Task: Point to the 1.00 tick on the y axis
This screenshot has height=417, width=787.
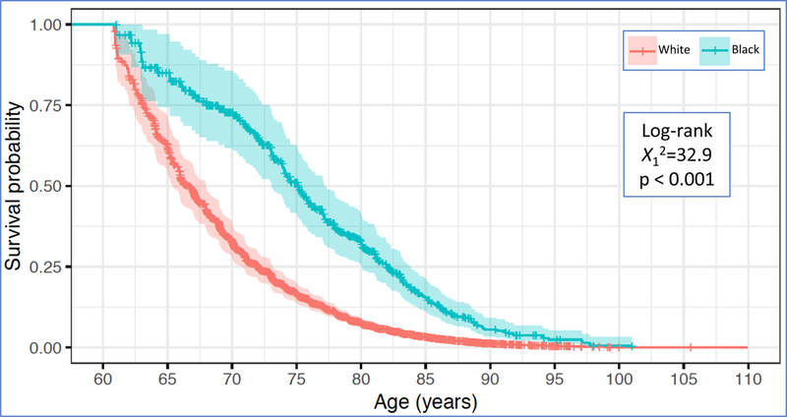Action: pos(43,24)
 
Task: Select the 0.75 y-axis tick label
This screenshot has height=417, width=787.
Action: pos(43,104)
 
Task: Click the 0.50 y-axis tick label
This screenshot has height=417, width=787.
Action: pos(43,186)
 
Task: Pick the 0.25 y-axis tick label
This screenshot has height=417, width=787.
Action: pos(43,267)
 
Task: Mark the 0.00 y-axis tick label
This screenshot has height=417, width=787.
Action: pos(43,347)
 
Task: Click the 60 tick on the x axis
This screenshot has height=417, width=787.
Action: pos(102,378)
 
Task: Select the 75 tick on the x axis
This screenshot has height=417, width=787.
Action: pos(296,378)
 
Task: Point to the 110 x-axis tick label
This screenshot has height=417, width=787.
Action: pos(747,378)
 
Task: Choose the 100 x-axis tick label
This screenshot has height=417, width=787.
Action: pos(618,378)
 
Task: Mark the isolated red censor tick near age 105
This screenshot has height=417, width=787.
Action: pos(691,347)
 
